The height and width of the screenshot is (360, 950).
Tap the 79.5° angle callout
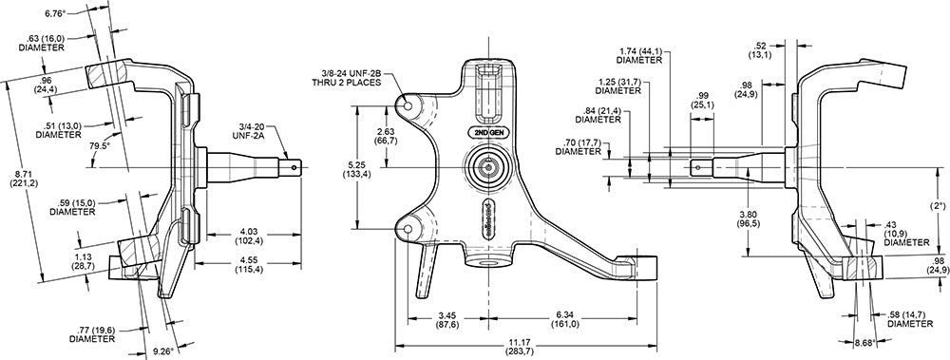tap(99, 148)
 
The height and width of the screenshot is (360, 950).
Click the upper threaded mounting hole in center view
tap(411, 107)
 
